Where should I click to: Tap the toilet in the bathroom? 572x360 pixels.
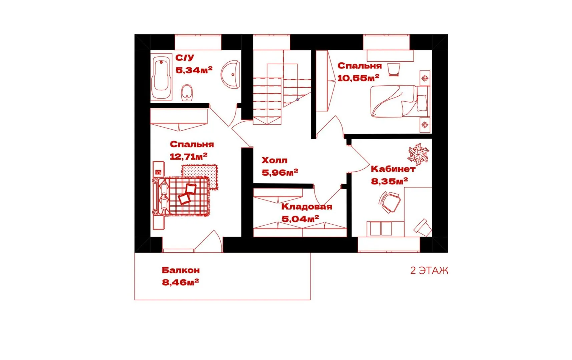[187, 92]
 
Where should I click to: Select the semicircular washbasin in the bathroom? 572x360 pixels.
[230, 74]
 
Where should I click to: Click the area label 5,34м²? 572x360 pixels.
[194, 70]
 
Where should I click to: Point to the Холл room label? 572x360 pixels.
[274, 160]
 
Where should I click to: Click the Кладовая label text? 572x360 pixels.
[307, 207]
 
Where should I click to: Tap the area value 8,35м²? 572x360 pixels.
[389, 181]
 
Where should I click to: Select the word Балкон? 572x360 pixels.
[181, 270]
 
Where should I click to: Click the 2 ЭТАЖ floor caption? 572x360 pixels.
[429, 270]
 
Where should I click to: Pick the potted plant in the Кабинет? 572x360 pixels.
[418, 154]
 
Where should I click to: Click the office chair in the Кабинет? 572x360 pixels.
[389, 202]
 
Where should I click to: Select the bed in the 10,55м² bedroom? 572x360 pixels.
[400, 101]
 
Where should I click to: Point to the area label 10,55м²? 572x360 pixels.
[358, 78]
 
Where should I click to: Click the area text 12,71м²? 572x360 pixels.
[188, 156]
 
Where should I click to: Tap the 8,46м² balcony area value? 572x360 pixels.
[180, 282]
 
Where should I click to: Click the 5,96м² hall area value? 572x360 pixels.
[280, 173]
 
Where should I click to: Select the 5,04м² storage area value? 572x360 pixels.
[300, 219]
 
